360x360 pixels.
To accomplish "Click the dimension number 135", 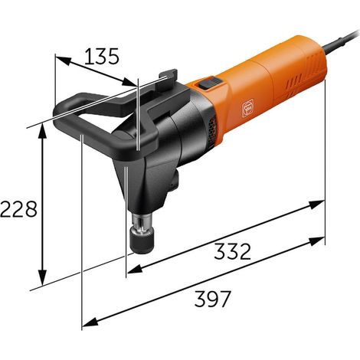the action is tap(102, 56).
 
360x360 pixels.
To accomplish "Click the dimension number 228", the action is tap(19, 208).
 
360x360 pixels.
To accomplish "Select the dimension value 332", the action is tap(232, 251).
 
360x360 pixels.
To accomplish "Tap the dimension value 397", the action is tap(213, 299).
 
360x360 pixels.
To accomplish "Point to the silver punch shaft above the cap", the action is tap(142, 223).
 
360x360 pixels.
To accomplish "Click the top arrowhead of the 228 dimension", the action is tap(42, 133).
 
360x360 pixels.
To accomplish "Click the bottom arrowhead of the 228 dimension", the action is tap(42, 277).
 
